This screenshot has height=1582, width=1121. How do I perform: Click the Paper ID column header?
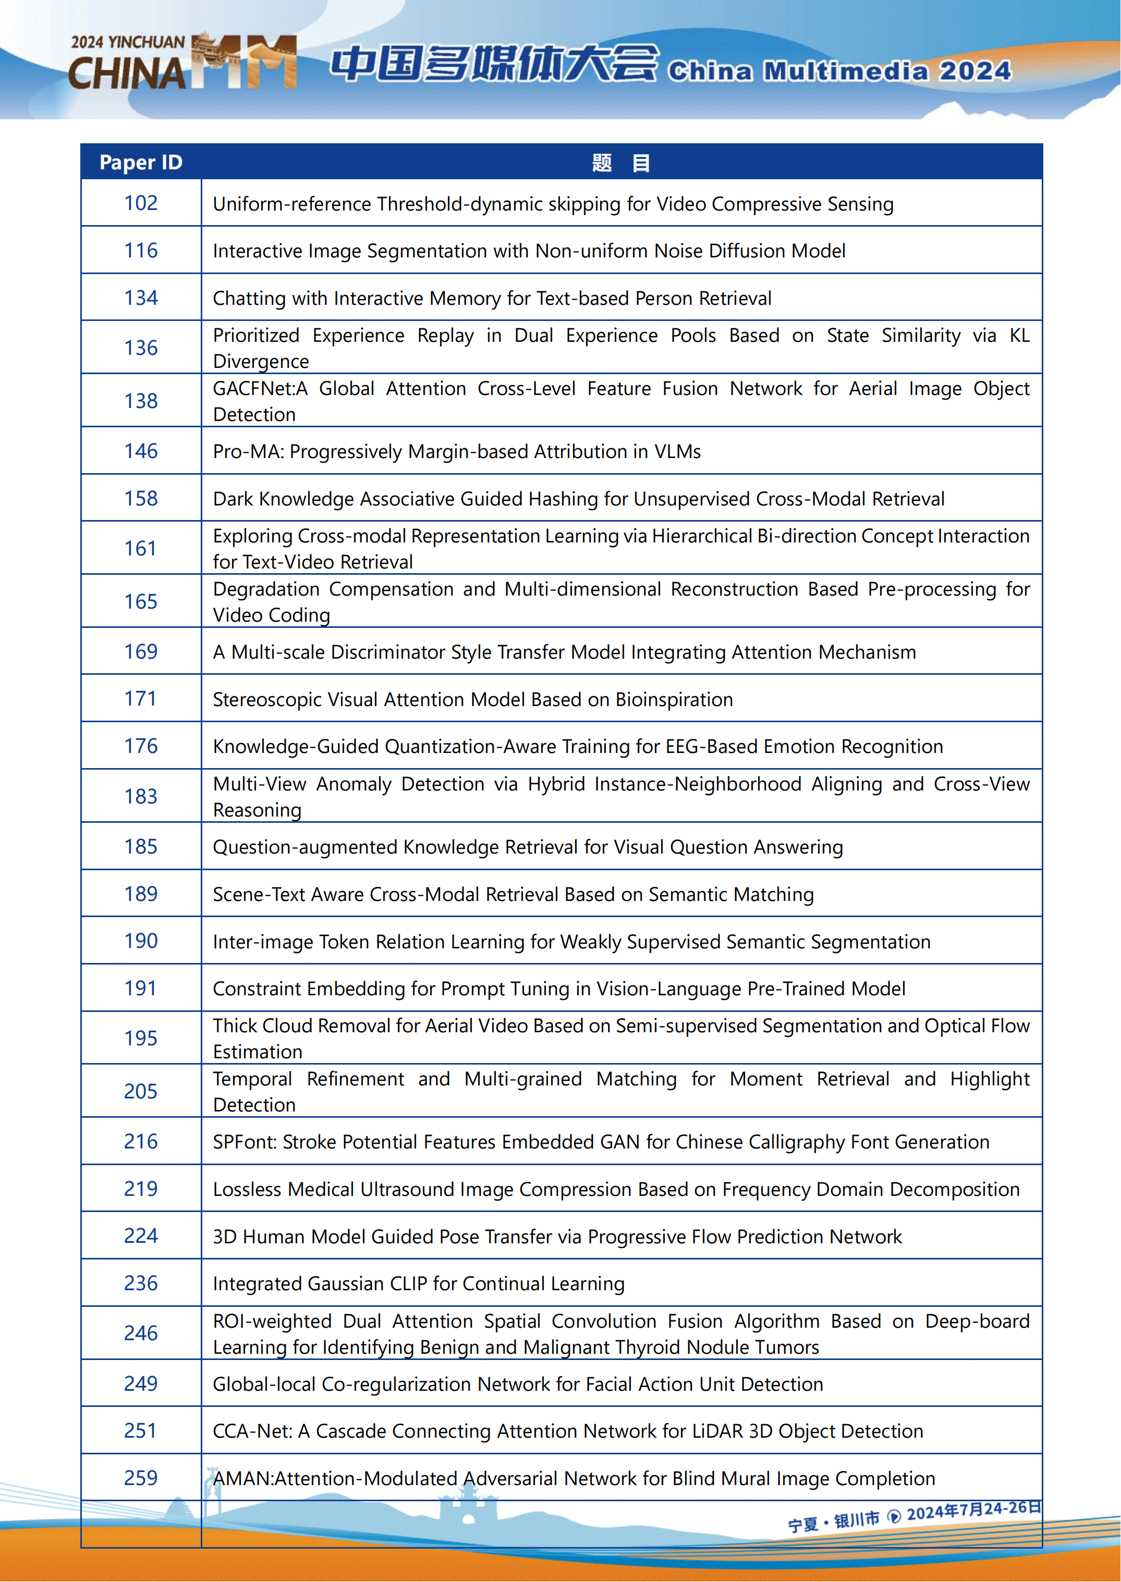[x=141, y=162]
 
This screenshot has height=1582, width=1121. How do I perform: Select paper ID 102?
[x=141, y=203]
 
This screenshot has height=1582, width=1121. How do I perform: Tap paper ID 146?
[x=141, y=451]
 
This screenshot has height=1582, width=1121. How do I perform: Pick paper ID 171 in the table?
[x=141, y=699]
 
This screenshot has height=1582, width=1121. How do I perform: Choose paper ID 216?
[x=141, y=1142]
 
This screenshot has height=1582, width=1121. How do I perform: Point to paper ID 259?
[x=141, y=1478]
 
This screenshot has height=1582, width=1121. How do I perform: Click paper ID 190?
[x=141, y=941]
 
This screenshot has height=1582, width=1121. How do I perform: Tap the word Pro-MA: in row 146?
[x=249, y=452]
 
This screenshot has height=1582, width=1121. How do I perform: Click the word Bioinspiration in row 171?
[x=674, y=700]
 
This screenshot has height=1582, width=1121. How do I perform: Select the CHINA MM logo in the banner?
[x=183, y=63]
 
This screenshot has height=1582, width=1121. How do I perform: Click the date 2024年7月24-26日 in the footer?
[x=973, y=1511]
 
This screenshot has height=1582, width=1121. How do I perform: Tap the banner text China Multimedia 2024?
[x=839, y=71]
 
